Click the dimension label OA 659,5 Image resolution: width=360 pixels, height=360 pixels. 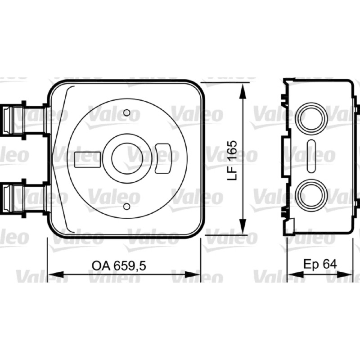tap(119, 265)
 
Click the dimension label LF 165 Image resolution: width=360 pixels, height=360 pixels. tap(232, 160)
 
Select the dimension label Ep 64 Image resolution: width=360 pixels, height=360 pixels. tap(320, 264)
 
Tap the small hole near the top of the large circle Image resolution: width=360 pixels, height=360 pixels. tap(127, 113)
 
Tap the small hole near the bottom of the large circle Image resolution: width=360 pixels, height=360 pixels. tap(126, 207)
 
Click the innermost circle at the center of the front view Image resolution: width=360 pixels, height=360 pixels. tap(127, 158)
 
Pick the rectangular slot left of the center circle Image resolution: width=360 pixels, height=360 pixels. tap(88, 159)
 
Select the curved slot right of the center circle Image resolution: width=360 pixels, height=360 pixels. tap(163, 158)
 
